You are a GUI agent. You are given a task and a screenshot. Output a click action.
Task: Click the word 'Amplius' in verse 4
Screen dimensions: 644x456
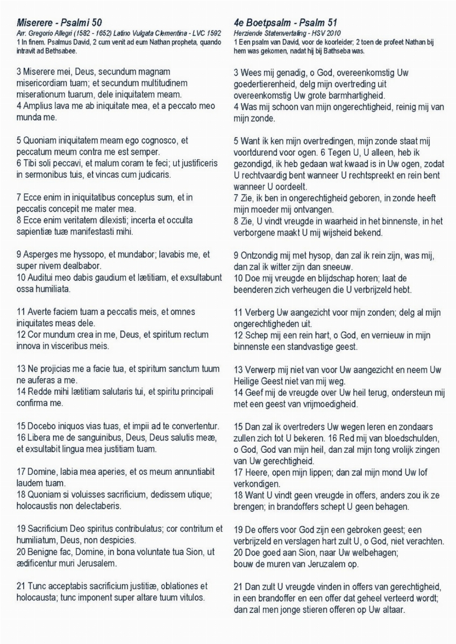(x=38, y=106)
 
